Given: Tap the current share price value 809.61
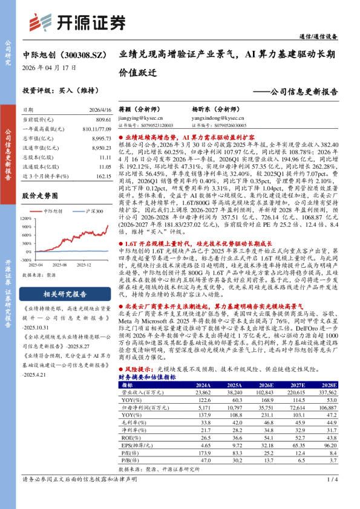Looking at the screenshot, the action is (103, 120).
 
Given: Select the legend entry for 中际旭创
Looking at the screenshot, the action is (52, 210).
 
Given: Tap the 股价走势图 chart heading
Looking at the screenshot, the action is (39, 195).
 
